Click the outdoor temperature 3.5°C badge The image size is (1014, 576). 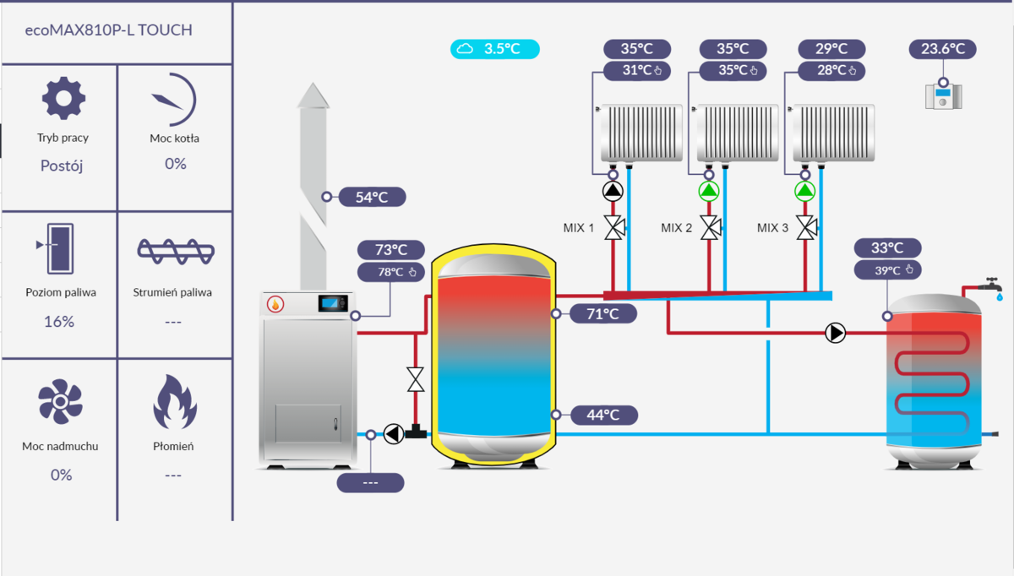point(494,49)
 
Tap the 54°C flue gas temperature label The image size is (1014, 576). point(372,198)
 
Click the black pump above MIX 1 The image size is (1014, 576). point(613,191)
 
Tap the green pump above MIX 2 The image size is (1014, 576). point(709,191)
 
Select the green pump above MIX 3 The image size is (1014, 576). point(805,191)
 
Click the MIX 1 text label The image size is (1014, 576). point(579,228)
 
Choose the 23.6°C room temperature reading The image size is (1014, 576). point(943,49)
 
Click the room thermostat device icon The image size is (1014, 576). point(944,95)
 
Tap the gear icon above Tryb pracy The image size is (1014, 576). point(63,99)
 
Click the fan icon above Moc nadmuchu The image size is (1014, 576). point(60,401)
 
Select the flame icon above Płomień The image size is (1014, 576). point(174,403)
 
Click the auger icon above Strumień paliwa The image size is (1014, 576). point(175,250)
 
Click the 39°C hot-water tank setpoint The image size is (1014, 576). point(887,270)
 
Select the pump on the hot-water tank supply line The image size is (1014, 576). point(835,333)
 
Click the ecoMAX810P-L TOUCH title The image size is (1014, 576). point(109,30)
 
